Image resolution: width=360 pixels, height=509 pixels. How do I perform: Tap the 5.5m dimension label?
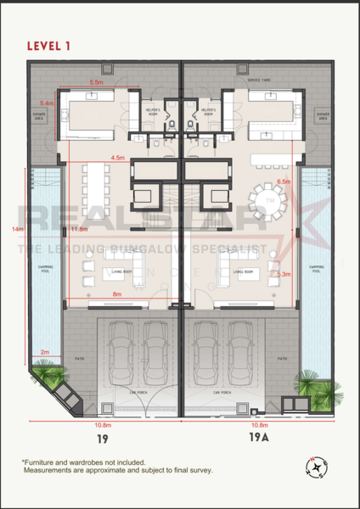tap(95, 82)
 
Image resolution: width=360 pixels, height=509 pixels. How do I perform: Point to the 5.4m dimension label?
tap(48, 103)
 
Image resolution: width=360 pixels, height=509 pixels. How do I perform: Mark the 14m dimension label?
tap(16, 230)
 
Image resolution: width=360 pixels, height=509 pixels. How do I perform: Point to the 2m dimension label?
tap(45, 352)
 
